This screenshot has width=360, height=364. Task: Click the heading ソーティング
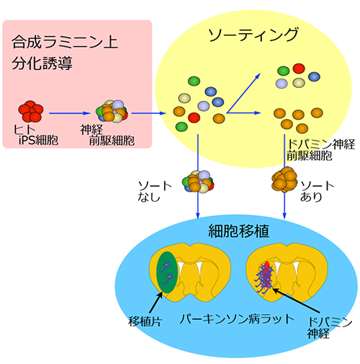[253, 35]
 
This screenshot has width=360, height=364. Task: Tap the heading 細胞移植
[238, 231]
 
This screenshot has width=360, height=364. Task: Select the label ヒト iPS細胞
[36, 135]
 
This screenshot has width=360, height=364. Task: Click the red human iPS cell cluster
[31, 111]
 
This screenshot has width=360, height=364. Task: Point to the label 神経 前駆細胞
[107, 135]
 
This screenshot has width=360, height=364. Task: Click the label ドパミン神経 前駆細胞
[321, 150]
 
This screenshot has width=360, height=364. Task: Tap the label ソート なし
[155, 192]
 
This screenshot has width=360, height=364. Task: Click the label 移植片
[145, 321]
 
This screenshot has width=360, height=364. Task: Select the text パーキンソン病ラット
[237, 319]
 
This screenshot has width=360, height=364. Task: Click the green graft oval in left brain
[168, 272]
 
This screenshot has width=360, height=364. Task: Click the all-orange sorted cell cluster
[284, 179]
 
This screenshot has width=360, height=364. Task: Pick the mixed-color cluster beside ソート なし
[198, 182]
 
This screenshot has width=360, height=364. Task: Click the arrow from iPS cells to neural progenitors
[70, 113]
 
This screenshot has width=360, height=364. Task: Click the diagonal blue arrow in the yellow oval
[243, 93]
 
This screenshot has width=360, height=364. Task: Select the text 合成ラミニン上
[65, 42]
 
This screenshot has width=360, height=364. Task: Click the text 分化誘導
[42, 63]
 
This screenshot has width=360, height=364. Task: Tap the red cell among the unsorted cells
[194, 117]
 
